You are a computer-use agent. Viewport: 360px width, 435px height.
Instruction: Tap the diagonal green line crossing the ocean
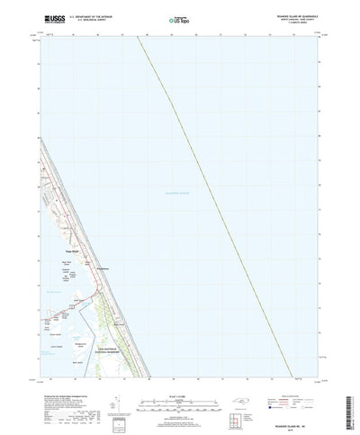tap(217, 207)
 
